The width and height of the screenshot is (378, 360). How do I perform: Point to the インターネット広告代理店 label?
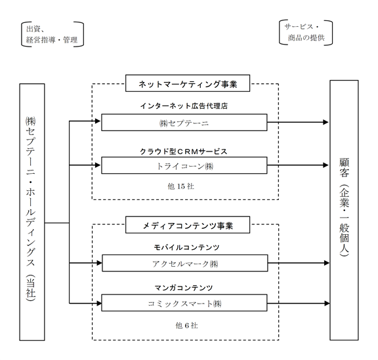pyautogui.click(x=184, y=106)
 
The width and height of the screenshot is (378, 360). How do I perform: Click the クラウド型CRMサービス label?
pyautogui.click(x=184, y=151)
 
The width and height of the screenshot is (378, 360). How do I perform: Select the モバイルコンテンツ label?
pyautogui.click(x=186, y=247)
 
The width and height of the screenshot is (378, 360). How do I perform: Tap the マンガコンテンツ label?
pyautogui.click(x=184, y=288)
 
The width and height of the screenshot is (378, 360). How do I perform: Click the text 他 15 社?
pyautogui.click(x=181, y=186)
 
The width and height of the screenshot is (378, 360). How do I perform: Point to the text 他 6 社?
pyautogui.click(x=186, y=325)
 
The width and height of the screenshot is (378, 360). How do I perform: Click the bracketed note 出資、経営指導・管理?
pyautogui.click(x=52, y=34)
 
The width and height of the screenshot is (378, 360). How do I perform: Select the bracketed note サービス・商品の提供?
pyautogui.click(x=306, y=33)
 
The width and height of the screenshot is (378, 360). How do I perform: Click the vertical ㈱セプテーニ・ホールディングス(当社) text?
pyautogui.click(x=31, y=209)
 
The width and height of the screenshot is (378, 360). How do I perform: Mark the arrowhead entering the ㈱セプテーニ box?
pyautogui.click(x=98, y=121)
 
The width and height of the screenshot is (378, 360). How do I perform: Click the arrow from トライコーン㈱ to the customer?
pyautogui.click(x=298, y=165)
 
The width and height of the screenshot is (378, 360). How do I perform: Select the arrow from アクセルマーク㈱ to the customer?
pyautogui.click(x=299, y=263)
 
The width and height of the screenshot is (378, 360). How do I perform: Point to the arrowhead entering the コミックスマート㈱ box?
pyautogui.click(x=99, y=303)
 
